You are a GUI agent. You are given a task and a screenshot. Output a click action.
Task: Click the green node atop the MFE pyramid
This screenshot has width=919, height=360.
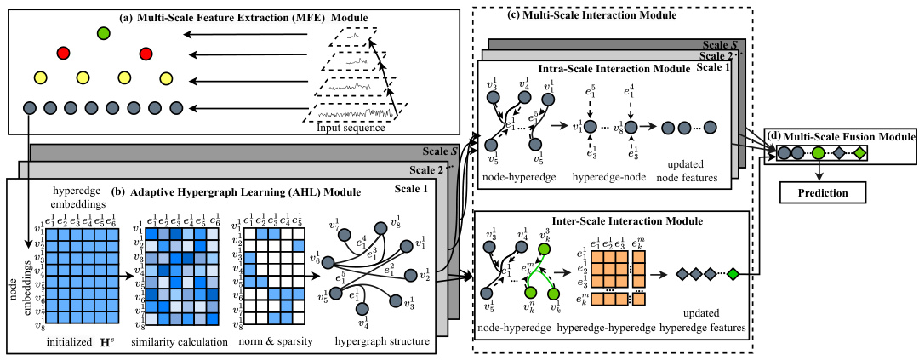click(104, 34)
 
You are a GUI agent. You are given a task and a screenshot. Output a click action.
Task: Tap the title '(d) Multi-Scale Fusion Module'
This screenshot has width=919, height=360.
click(841, 136)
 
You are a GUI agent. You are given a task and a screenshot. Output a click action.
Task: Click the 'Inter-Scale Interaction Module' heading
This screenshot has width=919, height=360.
click(602, 222)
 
